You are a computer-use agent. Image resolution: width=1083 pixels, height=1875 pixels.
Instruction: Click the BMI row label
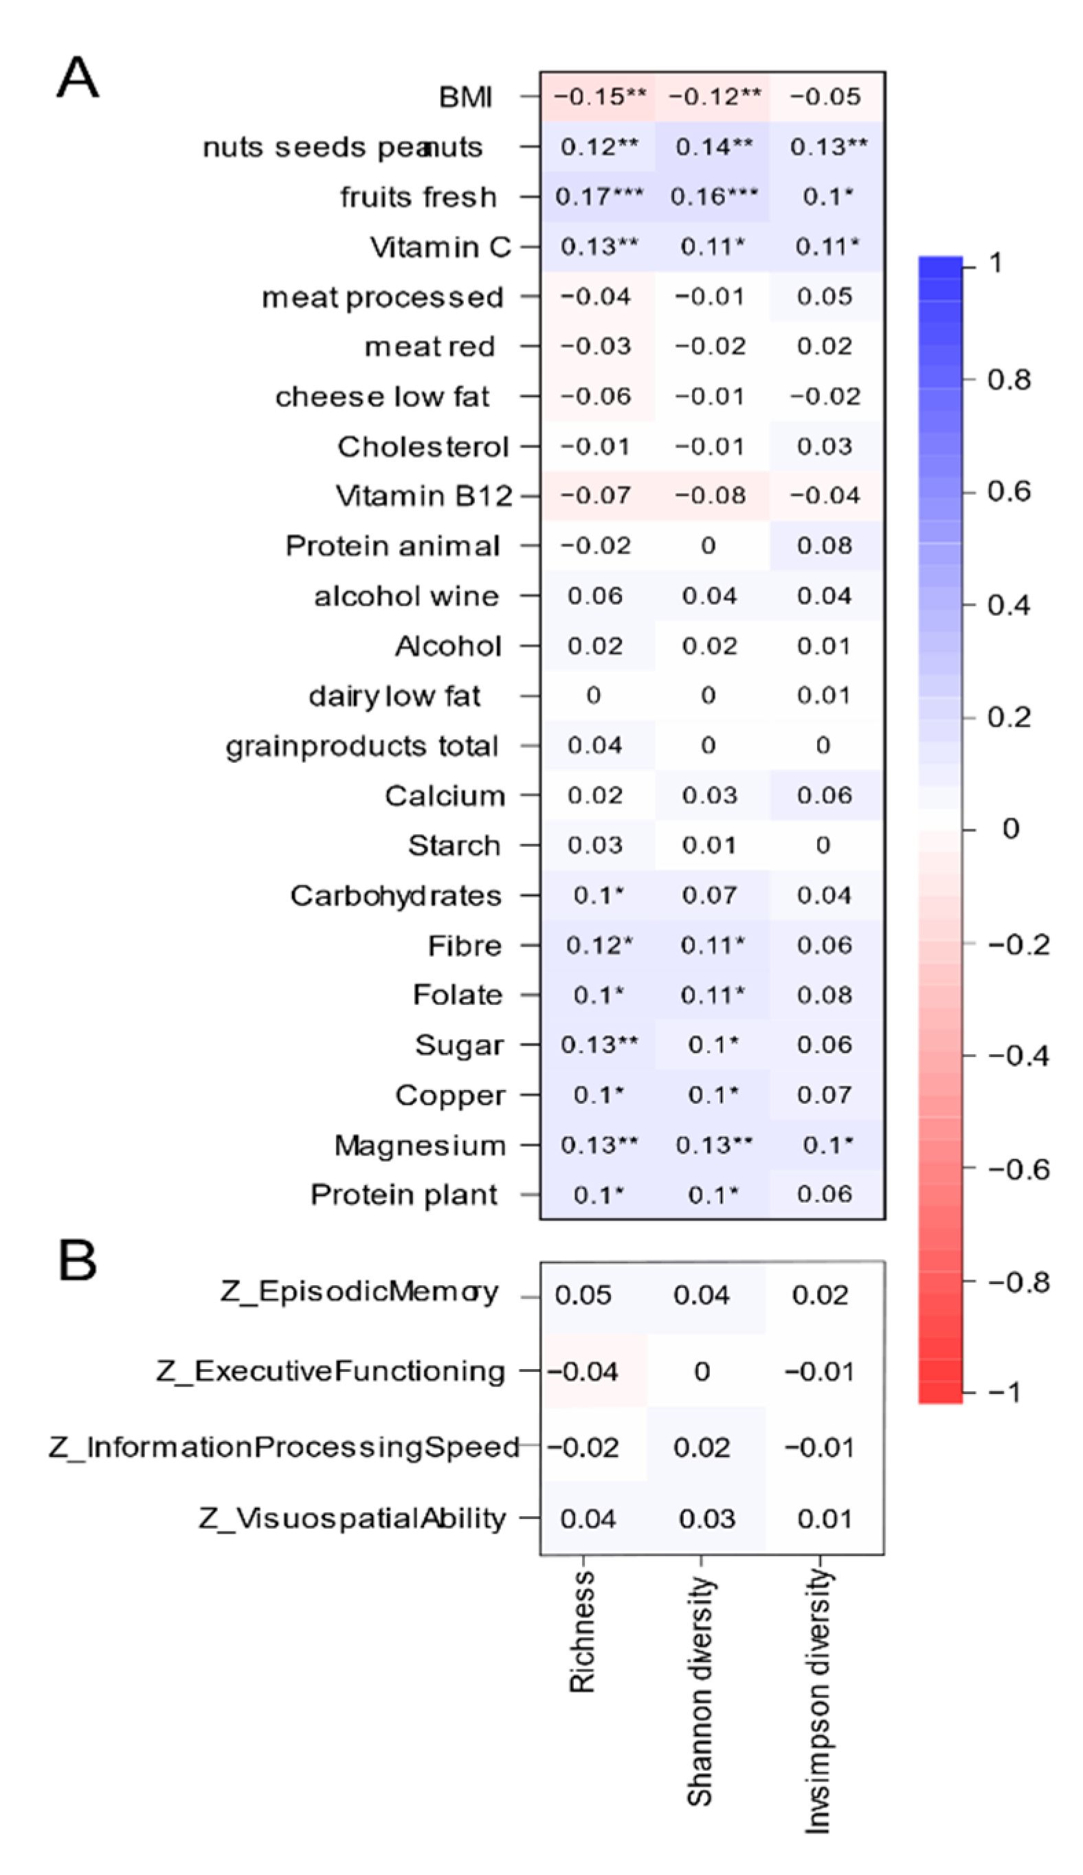click(x=466, y=97)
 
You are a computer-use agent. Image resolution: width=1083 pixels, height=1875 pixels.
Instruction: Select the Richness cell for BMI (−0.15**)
click(x=599, y=97)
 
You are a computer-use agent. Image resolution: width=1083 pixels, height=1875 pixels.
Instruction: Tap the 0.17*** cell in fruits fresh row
click(x=599, y=197)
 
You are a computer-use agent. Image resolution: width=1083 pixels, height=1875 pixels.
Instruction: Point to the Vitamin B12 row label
click(x=424, y=496)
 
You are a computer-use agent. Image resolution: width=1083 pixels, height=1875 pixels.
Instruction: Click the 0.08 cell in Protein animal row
click(x=824, y=546)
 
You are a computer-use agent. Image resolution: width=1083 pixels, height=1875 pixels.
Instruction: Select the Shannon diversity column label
click(x=700, y=1688)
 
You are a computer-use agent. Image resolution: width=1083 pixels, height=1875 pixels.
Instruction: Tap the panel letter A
click(x=78, y=78)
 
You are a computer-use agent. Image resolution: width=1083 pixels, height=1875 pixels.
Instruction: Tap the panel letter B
click(x=78, y=1260)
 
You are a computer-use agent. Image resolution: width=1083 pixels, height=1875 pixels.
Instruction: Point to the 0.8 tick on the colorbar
click(x=1009, y=380)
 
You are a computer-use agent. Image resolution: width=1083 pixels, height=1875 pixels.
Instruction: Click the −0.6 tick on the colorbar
click(x=1018, y=1169)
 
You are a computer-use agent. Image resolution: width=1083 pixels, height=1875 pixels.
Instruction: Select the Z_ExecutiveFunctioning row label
click(x=331, y=1371)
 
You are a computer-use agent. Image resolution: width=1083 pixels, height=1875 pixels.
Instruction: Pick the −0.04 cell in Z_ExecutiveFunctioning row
click(x=583, y=1371)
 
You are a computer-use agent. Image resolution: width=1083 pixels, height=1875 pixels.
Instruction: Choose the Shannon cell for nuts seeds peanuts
click(x=713, y=146)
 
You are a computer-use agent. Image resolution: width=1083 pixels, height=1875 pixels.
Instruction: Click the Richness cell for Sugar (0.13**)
click(x=599, y=1045)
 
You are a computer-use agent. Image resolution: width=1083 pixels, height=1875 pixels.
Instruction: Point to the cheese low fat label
click(x=382, y=397)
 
